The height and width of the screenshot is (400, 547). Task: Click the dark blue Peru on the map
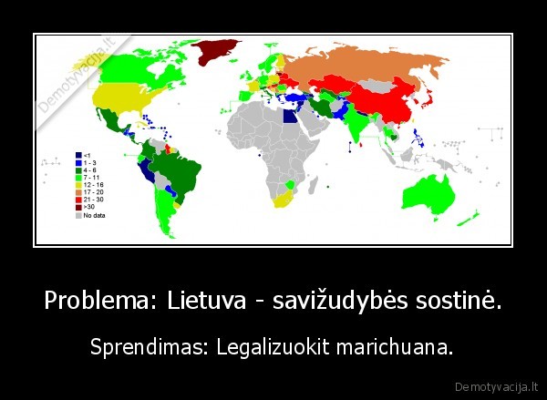tap(147, 172)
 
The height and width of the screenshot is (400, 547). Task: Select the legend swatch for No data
tap(78, 215)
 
